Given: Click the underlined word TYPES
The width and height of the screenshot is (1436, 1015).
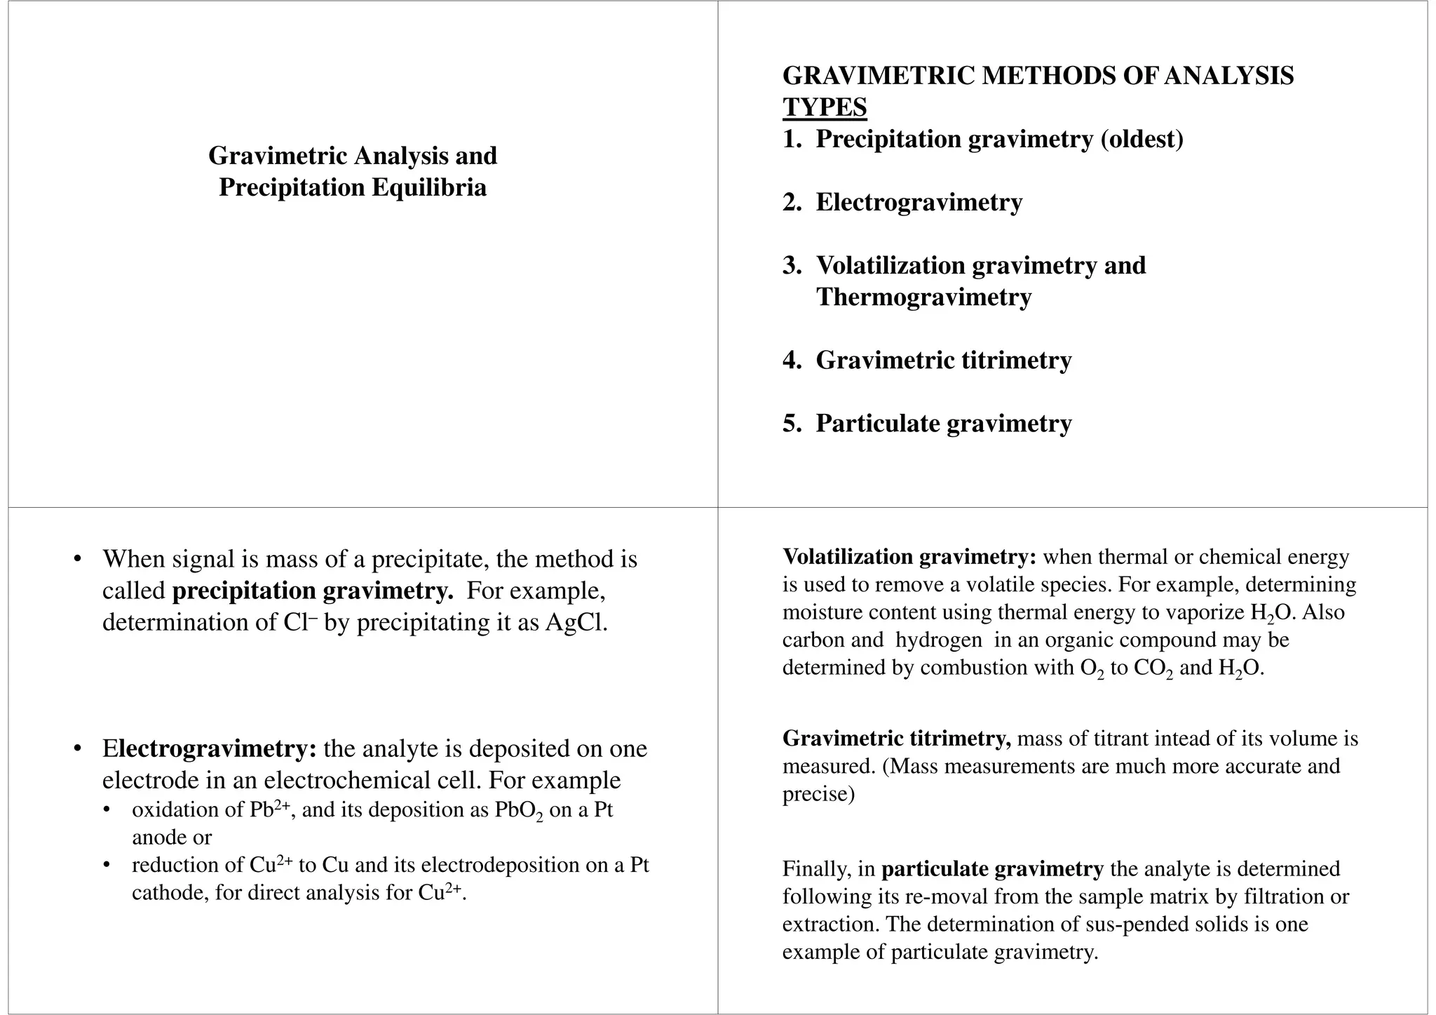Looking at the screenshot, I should pyautogui.click(x=825, y=107).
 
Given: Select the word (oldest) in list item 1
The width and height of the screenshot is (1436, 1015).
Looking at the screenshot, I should pyautogui.click(x=1142, y=139).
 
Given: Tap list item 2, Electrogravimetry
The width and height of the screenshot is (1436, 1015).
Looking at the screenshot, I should pyautogui.click(x=919, y=202).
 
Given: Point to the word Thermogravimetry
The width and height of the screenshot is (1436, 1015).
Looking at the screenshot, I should pyautogui.click(x=923, y=297).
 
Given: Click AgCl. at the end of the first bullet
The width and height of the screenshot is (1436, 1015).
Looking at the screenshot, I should pyautogui.click(x=576, y=622).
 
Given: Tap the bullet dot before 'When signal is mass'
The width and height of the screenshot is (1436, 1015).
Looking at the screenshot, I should pyautogui.click(x=78, y=560).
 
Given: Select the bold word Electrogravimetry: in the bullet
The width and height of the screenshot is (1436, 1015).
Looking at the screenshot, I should pyautogui.click(x=210, y=748).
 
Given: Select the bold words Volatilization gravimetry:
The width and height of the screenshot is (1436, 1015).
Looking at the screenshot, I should pyautogui.click(x=909, y=557).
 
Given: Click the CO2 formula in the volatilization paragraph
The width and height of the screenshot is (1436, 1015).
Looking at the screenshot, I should pyautogui.click(x=1152, y=668).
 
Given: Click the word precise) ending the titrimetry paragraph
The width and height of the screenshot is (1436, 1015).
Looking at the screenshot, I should pyautogui.click(x=818, y=794).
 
